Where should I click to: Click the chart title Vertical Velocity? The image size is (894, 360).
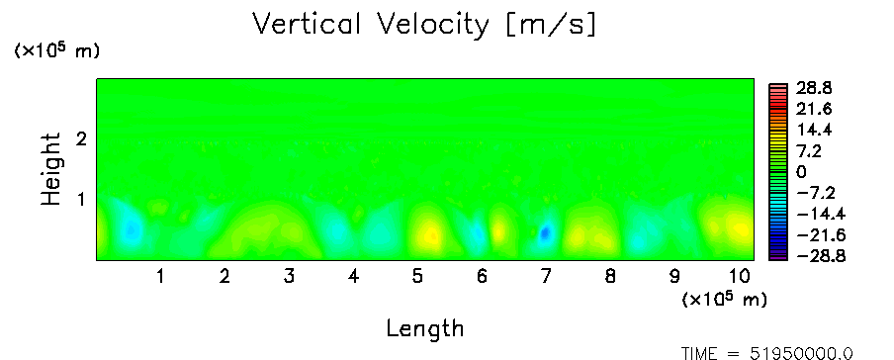pyautogui.click(x=371, y=25)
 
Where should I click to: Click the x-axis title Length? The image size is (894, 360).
pyautogui.click(x=425, y=329)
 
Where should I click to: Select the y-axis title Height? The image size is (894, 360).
pyautogui.click(x=51, y=169)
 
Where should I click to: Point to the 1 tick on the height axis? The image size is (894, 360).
pyautogui.click(x=81, y=200)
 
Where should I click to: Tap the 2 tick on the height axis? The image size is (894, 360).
pyautogui.click(x=81, y=138)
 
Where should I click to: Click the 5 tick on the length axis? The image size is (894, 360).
pyautogui.click(x=418, y=277)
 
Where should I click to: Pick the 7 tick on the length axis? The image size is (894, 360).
pyautogui.click(x=546, y=277)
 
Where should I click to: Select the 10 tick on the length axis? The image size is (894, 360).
pyautogui.click(x=740, y=277)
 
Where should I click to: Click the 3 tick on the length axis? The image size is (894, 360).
pyautogui.click(x=290, y=277)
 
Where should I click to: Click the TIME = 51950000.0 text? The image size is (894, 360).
pyautogui.click(x=767, y=354)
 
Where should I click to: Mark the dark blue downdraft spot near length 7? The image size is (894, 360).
pyautogui.click(x=546, y=232)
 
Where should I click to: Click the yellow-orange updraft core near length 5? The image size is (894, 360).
pyautogui.click(x=432, y=234)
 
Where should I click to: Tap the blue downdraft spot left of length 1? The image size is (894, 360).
pyautogui.click(x=132, y=229)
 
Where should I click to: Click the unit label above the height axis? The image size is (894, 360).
pyautogui.click(x=56, y=50)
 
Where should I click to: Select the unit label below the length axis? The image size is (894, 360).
pyautogui.click(x=725, y=299)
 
